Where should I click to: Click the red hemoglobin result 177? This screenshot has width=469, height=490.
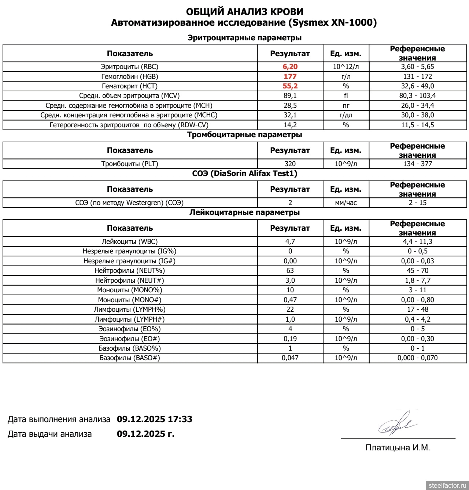290,76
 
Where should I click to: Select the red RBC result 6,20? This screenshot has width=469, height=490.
290,67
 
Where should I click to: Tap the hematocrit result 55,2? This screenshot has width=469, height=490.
290,86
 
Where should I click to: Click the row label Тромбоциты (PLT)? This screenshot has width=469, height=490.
130,164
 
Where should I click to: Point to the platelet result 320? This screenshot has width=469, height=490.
290,164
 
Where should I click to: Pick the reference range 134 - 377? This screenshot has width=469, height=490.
417,164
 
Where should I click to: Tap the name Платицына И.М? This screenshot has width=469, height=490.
398,447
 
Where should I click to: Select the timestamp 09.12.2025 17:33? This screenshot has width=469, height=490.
154,419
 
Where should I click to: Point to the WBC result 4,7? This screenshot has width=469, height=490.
290,242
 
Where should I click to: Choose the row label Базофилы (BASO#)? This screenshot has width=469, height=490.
130,358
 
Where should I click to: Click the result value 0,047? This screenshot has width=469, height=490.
290,358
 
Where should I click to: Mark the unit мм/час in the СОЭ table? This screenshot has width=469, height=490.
346,203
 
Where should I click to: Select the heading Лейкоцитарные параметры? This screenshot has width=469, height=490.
244,212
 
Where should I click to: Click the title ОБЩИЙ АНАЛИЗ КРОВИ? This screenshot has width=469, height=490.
244,12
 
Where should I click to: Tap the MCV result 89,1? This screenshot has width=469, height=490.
290,96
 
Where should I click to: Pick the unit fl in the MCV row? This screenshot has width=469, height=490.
346,96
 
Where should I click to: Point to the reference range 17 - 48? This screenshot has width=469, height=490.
417,310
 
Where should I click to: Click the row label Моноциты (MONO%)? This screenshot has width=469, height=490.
130,290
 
